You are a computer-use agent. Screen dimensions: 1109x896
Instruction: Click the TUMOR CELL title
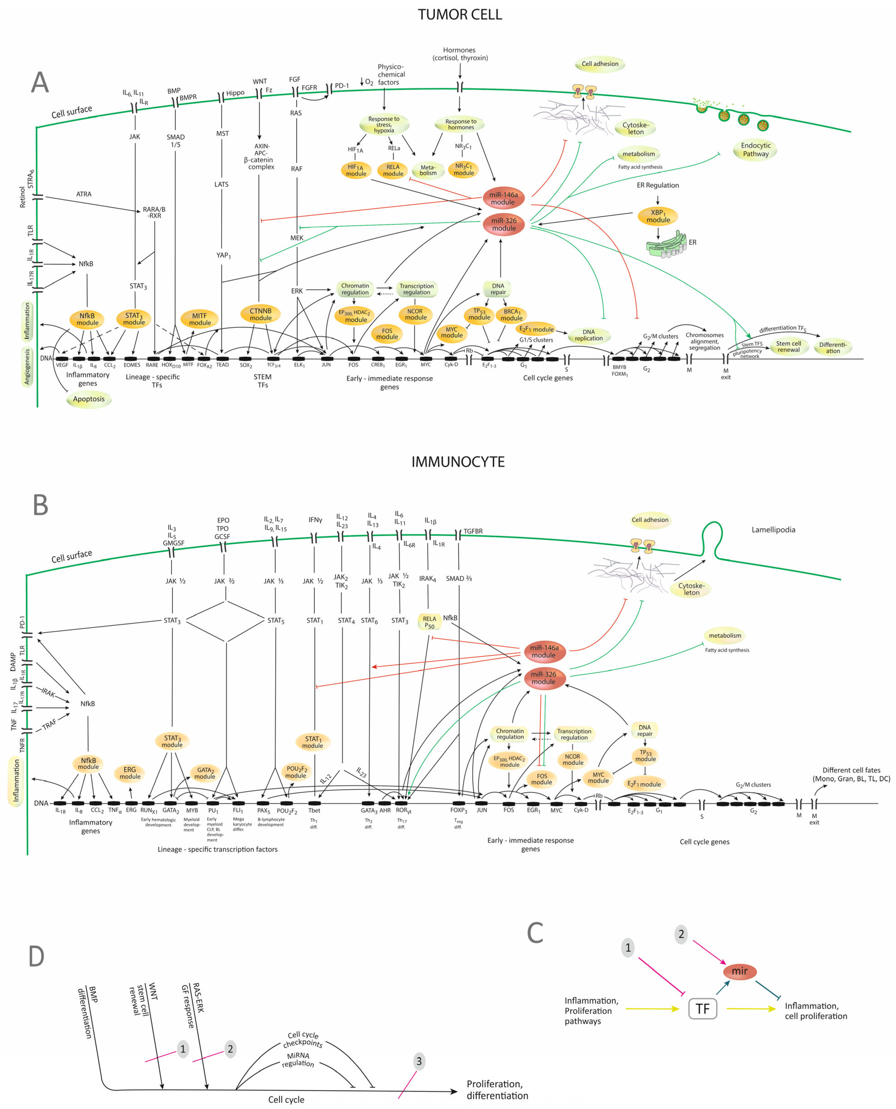459,15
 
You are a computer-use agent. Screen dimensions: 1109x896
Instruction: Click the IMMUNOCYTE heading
458,462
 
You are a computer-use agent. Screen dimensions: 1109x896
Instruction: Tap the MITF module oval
199,319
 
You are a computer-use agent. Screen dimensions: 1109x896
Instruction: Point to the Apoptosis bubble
89,399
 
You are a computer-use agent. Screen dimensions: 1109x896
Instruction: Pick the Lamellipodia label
773,530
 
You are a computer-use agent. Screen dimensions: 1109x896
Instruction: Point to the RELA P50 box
429,622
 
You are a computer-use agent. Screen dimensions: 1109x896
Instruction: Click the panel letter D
36,957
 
